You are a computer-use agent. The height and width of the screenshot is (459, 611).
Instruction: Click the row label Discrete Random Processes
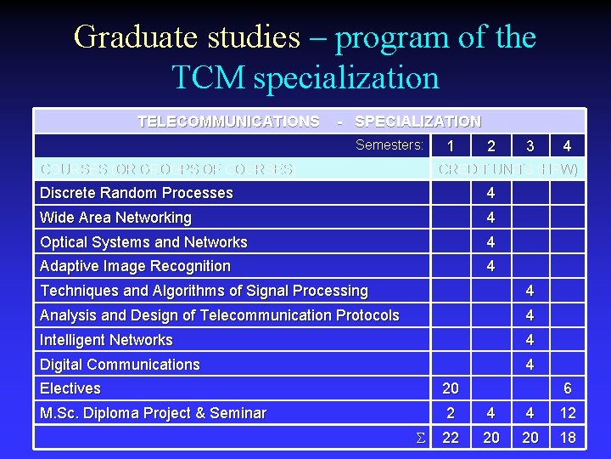pyautogui.click(x=136, y=193)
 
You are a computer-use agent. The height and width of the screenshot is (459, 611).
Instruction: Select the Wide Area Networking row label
pyautogui.click(x=115, y=218)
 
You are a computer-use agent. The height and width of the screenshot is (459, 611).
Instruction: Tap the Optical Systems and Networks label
pyautogui.click(x=143, y=242)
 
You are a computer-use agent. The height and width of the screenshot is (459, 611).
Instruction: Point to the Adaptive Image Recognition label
pyautogui.click(x=135, y=266)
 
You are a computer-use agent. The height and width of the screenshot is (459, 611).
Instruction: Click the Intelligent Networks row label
pyautogui.click(x=106, y=340)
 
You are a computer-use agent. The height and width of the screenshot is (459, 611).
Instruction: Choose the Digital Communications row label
pyautogui.click(x=120, y=365)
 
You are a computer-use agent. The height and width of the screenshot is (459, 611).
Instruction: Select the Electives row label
pyautogui.click(x=70, y=388)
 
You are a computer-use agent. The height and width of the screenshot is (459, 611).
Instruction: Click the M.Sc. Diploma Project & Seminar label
pyautogui.click(x=153, y=413)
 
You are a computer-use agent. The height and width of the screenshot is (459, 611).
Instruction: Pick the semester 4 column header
pyautogui.click(x=567, y=146)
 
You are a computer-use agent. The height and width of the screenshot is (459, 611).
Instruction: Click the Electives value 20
pyautogui.click(x=451, y=388)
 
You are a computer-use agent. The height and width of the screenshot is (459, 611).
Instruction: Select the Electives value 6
pyautogui.click(x=567, y=388)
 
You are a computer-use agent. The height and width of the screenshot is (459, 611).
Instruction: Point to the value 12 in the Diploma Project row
pyautogui.click(x=567, y=413)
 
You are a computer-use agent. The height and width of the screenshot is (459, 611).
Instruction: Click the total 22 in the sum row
pyautogui.click(x=451, y=437)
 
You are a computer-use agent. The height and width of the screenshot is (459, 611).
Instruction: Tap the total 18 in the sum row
pyautogui.click(x=567, y=437)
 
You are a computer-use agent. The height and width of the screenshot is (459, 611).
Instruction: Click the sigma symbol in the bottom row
pyautogui.click(x=418, y=438)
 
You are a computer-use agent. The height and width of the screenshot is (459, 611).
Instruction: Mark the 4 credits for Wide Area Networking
pyautogui.click(x=490, y=218)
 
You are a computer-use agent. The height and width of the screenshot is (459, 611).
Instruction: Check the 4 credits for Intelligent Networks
pyautogui.click(x=530, y=340)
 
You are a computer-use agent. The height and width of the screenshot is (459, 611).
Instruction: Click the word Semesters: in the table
pyautogui.click(x=389, y=145)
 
